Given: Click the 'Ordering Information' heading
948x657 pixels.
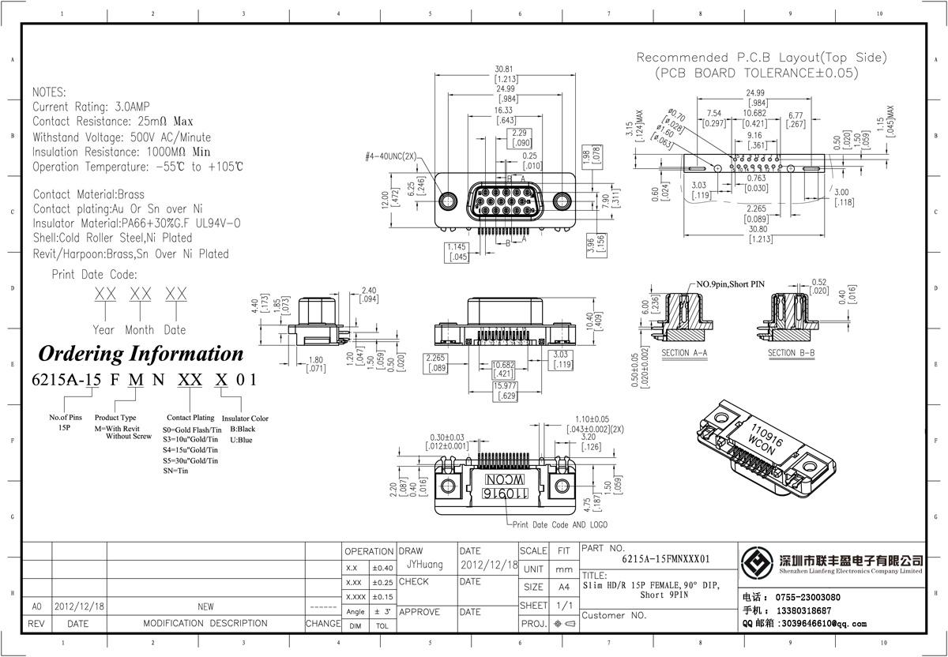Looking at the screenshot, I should click(141, 353).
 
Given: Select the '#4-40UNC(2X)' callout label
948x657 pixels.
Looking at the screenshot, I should click(390, 156).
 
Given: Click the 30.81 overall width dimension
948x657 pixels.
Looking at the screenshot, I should click(505, 69).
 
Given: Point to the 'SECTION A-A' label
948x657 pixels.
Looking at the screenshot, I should click(684, 353).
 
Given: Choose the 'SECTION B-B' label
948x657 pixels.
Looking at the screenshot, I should click(792, 353).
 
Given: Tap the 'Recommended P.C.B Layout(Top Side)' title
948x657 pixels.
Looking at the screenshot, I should click(762, 58).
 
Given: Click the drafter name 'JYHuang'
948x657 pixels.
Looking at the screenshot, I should click(425, 565).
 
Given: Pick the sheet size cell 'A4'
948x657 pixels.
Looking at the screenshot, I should click(563, 588).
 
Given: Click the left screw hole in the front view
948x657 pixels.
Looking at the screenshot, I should click(448, 200).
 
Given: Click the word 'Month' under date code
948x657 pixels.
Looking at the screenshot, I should click(139, 330).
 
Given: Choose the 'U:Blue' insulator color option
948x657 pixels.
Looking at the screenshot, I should click(241, 440).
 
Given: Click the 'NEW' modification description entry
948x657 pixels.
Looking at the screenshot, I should click(205, 607).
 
